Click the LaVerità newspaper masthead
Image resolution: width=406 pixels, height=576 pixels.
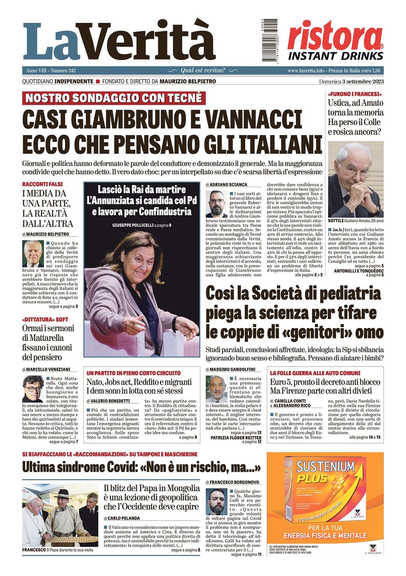pos(119,41)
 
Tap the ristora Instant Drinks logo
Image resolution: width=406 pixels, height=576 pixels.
pos(336,41)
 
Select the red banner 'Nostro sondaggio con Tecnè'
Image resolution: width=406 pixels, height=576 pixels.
pos(114,98)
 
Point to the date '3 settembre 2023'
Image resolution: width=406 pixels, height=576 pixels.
pos(361,82)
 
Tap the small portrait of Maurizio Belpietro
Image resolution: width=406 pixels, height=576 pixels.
pos(33,253)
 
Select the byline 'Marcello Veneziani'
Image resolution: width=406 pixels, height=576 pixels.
pos(48,369)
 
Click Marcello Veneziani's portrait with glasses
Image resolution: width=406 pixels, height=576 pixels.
pos(33,389)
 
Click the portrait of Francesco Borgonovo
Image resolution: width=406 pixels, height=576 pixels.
pos(217,502)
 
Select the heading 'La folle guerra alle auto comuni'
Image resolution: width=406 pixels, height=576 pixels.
pos(315,373)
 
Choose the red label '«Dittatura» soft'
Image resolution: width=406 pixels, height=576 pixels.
pos(45,320)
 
